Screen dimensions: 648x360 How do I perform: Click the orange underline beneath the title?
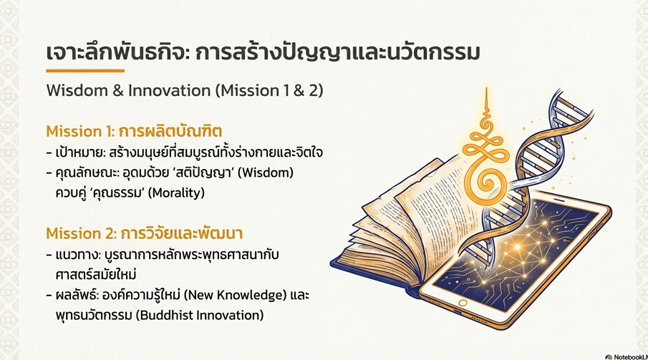point(85,71)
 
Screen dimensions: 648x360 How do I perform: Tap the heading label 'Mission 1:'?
point(80,131)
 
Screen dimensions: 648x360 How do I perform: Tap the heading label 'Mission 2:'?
point(81,233)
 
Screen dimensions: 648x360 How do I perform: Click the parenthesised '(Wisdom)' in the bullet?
point(267,172)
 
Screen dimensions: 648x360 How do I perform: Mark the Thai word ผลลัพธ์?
point(76,295)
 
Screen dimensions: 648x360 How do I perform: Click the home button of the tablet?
point(463,303)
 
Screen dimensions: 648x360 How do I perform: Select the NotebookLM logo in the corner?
point(627,356)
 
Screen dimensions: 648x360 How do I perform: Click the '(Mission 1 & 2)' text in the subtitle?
point(269,90)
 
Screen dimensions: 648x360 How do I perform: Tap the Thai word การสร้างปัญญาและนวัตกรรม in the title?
point(337,53)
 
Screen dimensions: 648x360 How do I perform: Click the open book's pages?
point(417,215)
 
